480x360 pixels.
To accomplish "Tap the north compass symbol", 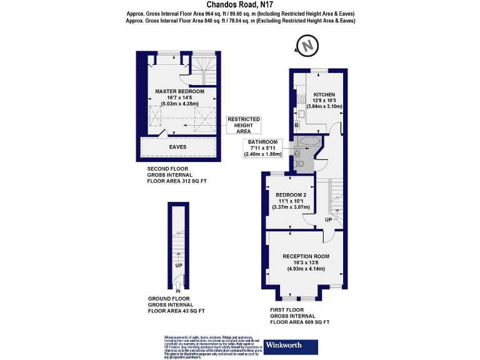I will click(306, 46).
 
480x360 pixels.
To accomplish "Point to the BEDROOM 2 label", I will click(291, 194).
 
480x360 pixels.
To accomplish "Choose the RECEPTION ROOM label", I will click(306, 256).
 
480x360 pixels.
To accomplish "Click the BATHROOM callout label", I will click(262, 142).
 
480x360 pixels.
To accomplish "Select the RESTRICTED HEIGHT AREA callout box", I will click(243, 125).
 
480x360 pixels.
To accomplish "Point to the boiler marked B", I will click(296, 126).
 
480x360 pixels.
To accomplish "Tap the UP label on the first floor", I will click(328, 220).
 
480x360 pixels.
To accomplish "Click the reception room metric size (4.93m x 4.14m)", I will click(306, 269).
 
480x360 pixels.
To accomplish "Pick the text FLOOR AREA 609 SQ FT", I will click(299, 322).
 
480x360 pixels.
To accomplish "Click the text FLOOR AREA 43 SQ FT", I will click(176, 311).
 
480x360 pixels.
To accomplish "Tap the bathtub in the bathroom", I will click(309, 142).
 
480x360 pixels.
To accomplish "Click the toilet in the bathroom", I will click(299, 164).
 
